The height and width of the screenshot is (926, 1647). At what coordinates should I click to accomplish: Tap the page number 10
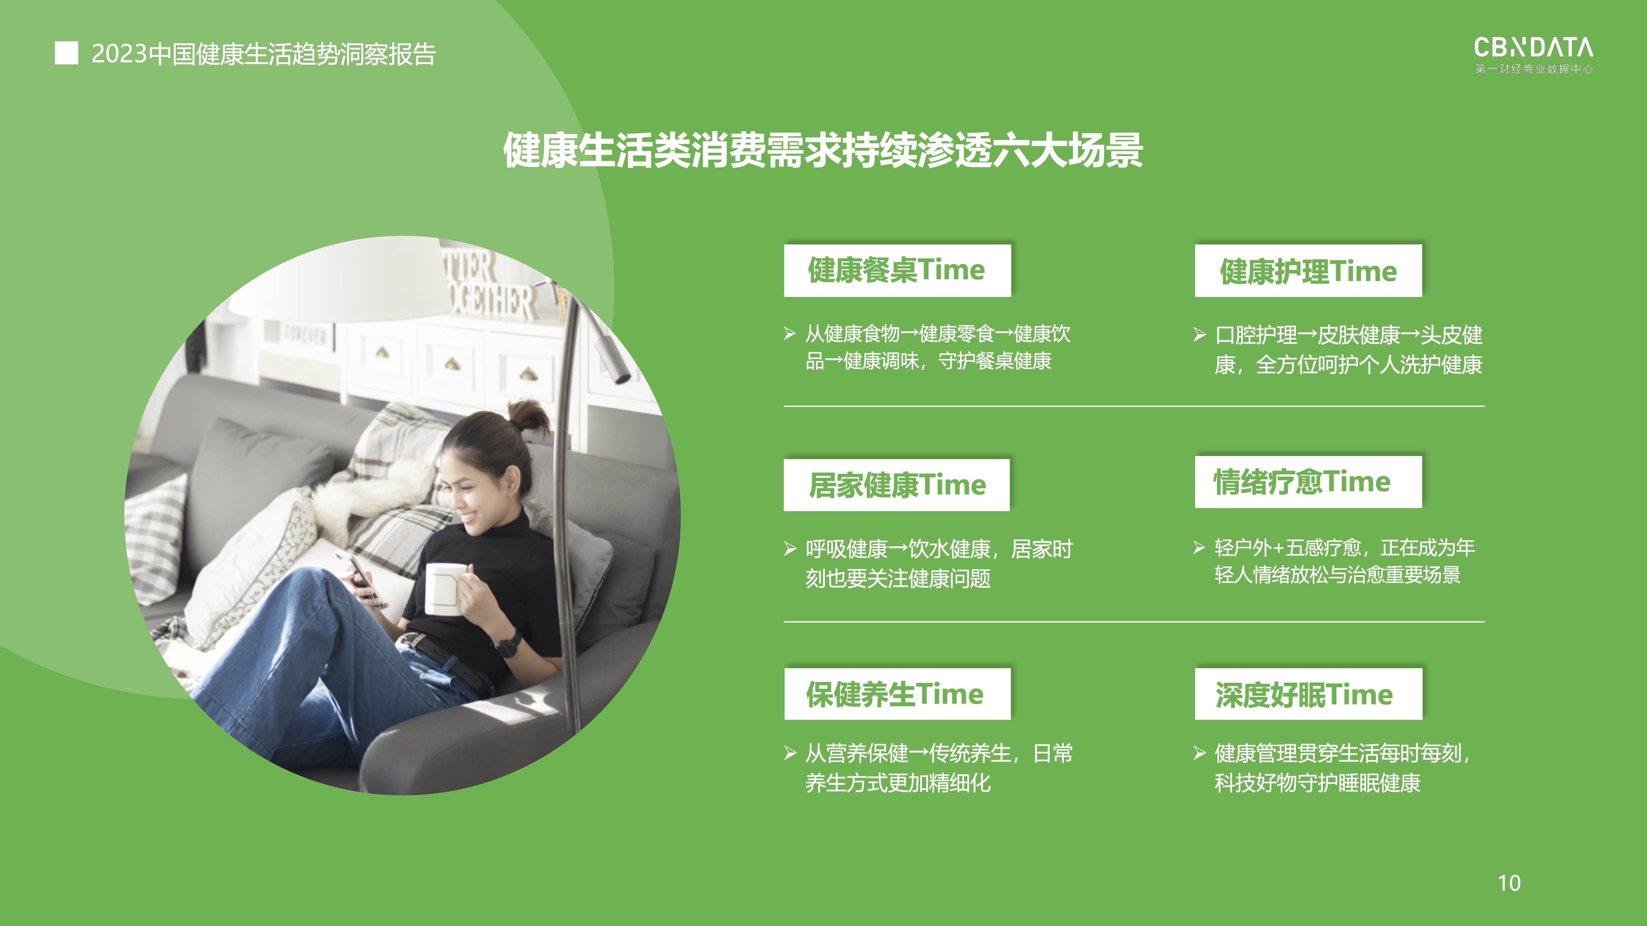pos(1509,883)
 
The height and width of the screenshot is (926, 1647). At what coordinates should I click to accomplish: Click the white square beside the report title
pos(66,53)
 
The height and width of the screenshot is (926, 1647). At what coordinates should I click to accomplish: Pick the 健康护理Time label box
pos(1308,270)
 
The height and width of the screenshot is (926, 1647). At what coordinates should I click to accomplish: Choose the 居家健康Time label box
pos(897,485)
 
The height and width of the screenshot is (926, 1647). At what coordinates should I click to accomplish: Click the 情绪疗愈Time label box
pos(1308,482)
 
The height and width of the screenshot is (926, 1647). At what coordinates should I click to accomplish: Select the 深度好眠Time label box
pos(1308,694)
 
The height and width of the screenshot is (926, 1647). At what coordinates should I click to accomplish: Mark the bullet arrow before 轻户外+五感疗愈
pos(1199,548)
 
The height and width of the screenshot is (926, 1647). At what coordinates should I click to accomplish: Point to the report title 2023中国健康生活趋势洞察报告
pos(264,54)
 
